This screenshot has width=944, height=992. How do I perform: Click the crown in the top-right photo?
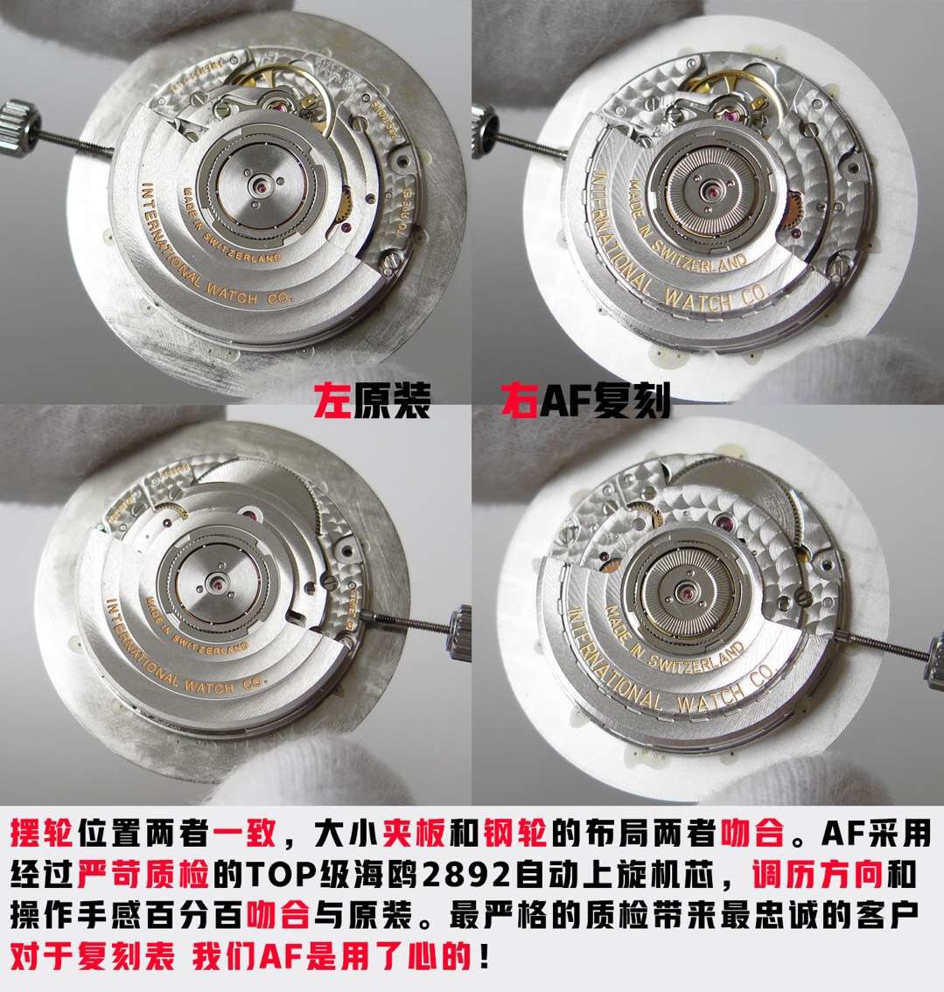pos(483,119)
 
